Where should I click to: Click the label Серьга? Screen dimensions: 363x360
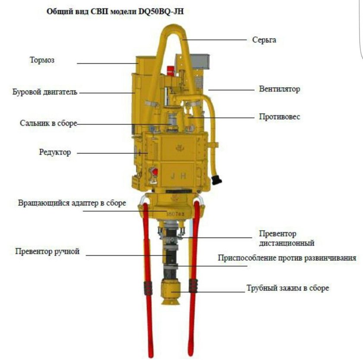[264, 40]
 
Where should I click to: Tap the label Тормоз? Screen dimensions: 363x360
[42, 60]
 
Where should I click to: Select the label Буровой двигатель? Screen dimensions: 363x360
[45, 92]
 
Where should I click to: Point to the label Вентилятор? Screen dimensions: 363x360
[280, 89]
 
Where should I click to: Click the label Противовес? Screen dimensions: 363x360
[280, 117]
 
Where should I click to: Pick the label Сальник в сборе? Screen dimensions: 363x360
[48, 123]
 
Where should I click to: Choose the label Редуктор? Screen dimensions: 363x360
[55, 152]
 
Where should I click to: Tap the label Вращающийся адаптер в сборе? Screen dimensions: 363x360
[72, 203]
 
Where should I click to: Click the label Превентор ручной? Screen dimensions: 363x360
[47, 251]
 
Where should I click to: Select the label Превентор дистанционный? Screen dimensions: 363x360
[287, 238]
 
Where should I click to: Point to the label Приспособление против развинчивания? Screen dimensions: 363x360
[287, 258]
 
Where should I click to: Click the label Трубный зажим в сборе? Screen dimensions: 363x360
[287, 288]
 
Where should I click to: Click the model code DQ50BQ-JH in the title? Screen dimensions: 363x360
[161, 11]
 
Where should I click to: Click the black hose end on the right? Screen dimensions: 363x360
[217, 180]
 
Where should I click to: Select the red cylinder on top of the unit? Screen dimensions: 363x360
[171, 70]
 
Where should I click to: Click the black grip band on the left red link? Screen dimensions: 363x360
[148, 288]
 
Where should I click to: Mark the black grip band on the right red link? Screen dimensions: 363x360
[193, 286]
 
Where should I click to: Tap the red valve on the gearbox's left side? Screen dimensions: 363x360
[154, 172]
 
